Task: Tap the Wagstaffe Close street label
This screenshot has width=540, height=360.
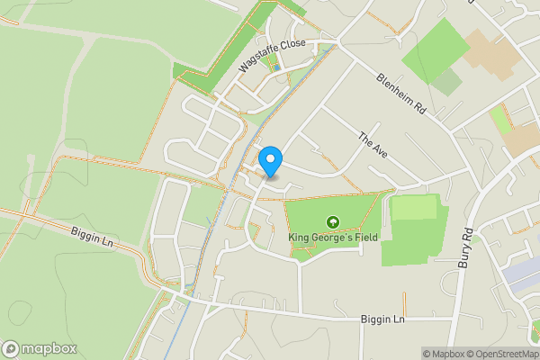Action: (x=273, y=56)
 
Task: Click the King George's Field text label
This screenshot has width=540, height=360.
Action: (x=333, y=238)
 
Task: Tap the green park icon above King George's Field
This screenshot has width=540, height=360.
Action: (x=333, y=221)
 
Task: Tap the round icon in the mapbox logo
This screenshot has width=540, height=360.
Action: (x=11, y=349)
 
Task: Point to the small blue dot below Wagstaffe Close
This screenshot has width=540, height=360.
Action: (x=276, y=68)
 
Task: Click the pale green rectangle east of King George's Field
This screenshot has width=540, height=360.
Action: (x=414, y=208)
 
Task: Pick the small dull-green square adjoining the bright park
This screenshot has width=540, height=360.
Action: (x=446, y=83)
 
